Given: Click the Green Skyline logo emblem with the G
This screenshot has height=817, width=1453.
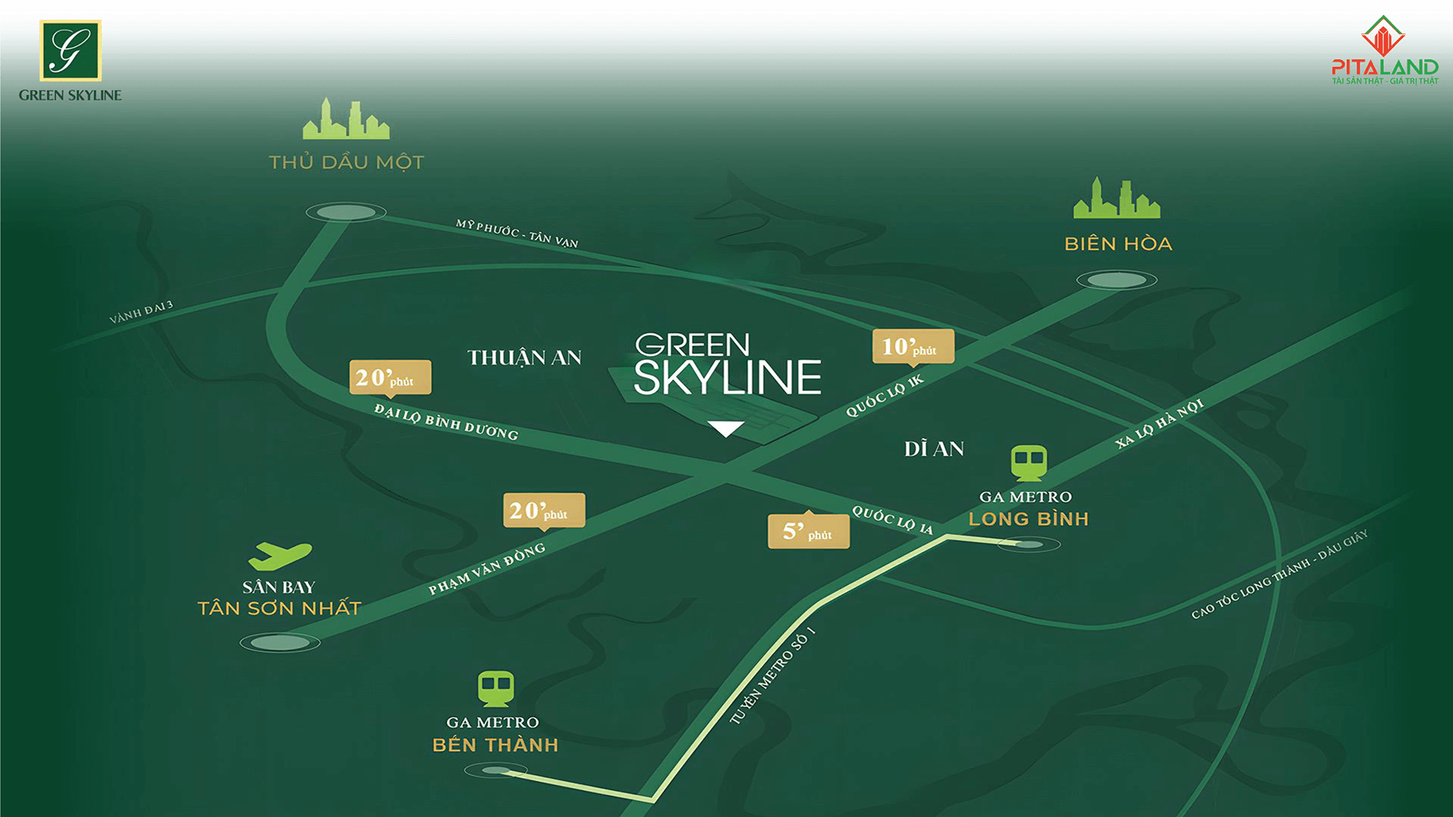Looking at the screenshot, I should coord(70,51).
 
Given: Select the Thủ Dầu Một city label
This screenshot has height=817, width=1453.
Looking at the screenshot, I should coord(347,162).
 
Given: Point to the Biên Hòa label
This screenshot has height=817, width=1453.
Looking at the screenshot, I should coord(1118,244).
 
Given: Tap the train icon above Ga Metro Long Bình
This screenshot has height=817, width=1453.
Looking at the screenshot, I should coord(1028,462).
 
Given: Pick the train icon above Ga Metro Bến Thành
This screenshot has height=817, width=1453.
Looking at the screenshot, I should coord(496,688).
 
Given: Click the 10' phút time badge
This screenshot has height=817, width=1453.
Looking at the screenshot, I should coord(913,346).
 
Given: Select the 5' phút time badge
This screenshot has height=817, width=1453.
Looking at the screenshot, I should coord(808,531).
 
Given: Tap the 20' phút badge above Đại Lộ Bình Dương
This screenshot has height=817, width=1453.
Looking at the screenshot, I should coord(390,377).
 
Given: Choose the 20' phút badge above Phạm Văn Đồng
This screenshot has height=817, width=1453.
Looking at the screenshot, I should coord(543,511).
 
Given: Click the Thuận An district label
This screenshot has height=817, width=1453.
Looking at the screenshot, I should coord(524,358).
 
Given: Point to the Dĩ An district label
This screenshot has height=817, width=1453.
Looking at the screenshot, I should coord(934,449).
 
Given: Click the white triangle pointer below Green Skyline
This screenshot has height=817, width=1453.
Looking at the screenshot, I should coord(726,429).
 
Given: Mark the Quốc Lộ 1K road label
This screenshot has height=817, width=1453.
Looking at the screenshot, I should coord(885,396).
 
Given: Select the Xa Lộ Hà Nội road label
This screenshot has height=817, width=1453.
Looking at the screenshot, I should coord(1159,424).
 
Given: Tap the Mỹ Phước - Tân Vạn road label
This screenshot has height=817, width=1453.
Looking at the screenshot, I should coord(517,234).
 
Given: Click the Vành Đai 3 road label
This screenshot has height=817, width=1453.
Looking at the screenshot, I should coord(142,312).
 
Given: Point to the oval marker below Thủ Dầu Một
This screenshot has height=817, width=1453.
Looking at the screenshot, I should coord(346,213).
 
